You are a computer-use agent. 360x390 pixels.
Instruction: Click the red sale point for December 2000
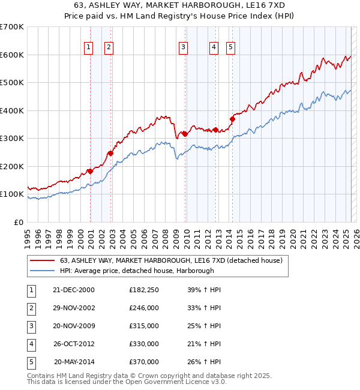[90, 171]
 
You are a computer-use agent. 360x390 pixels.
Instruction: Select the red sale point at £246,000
[111, 153]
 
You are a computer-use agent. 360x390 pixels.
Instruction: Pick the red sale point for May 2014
[232, 119]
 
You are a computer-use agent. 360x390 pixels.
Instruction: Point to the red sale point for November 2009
[185, 134]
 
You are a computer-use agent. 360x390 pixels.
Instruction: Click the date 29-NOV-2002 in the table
[74, 308]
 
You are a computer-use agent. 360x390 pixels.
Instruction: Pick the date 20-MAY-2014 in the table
[74, 362]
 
